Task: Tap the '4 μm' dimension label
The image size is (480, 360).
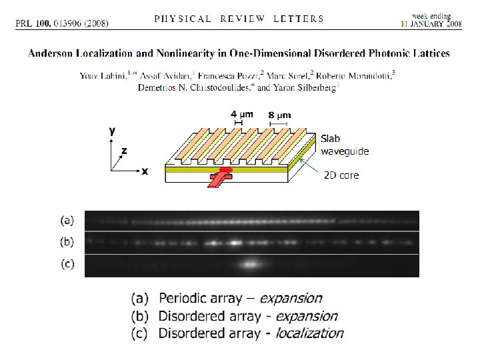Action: [x=241, y=114]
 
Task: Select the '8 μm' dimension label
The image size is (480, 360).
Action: [x=279, y=115]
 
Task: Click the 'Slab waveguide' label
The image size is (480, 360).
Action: [x=344, y=145]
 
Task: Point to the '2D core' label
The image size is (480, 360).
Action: [x=341, y=175]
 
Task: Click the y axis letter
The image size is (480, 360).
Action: [x=111, y=131]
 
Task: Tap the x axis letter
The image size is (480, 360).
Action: [x=145, y=171]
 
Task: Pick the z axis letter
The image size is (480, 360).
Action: [x=124, y=151]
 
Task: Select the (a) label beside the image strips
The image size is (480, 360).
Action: [x=67, y=219]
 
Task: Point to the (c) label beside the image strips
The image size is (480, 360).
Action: [x=67, y=264]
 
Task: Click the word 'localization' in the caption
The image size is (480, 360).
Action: [x=309, y=333]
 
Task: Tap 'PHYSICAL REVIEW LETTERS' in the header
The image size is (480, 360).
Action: [x=239, y=19]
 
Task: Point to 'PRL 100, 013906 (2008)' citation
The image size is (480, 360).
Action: [x=62, y=23]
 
